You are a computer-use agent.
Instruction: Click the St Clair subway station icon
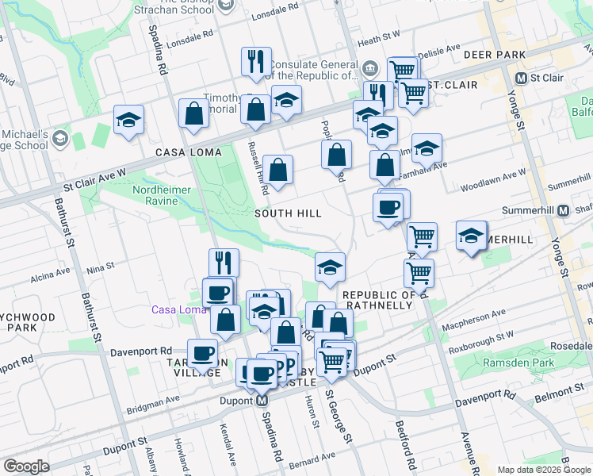pyautogui.click(x=522, y=79)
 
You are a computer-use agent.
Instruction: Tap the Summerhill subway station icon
pyautogui.click(x=563, y=211)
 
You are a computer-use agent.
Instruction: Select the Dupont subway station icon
pyautogui.click(x=262, y=402)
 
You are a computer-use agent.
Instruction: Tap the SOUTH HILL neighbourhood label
pyautogui.click(x=288, y=213)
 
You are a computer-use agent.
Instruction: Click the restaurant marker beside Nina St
pyautogui.click(x=224, y=263)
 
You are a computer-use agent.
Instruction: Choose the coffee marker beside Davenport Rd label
pyautogui.click(x=202, y=353)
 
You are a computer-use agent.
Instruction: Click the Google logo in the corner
pyautogui.click(x=27, y=466)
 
